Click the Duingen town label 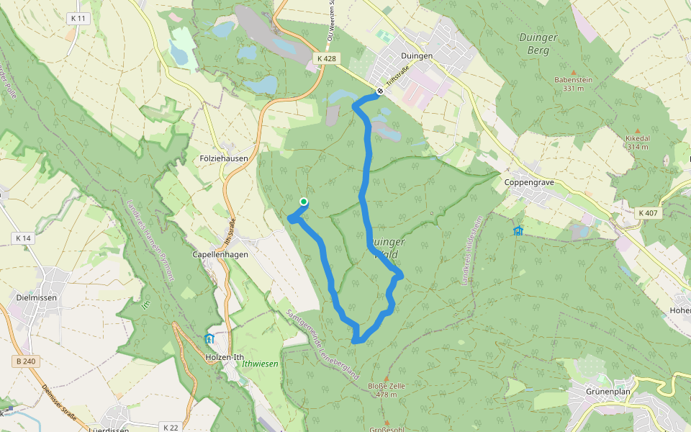(418, 55)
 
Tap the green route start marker (304, 202)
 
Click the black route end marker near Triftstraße (379, 91)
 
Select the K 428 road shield (325, 58)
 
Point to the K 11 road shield (78, 17)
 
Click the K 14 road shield (23, 238)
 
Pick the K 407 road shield (648, 213)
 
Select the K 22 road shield (171, 427)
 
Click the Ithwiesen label (260, 364)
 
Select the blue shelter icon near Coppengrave (518, 231)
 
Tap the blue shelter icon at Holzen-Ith (209, 338)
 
